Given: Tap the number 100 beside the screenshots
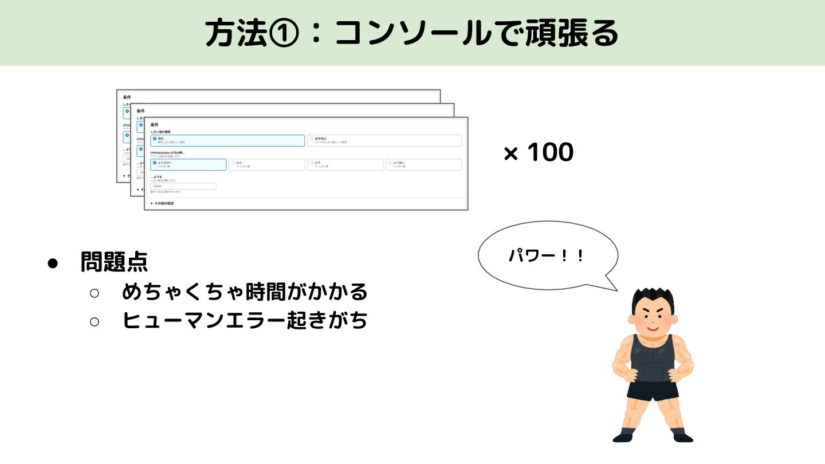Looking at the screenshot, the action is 550,153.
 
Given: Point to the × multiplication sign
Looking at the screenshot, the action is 510,154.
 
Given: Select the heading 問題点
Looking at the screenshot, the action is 114,262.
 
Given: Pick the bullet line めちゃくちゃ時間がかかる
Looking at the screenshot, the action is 245,292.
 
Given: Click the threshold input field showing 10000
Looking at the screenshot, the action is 183,186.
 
